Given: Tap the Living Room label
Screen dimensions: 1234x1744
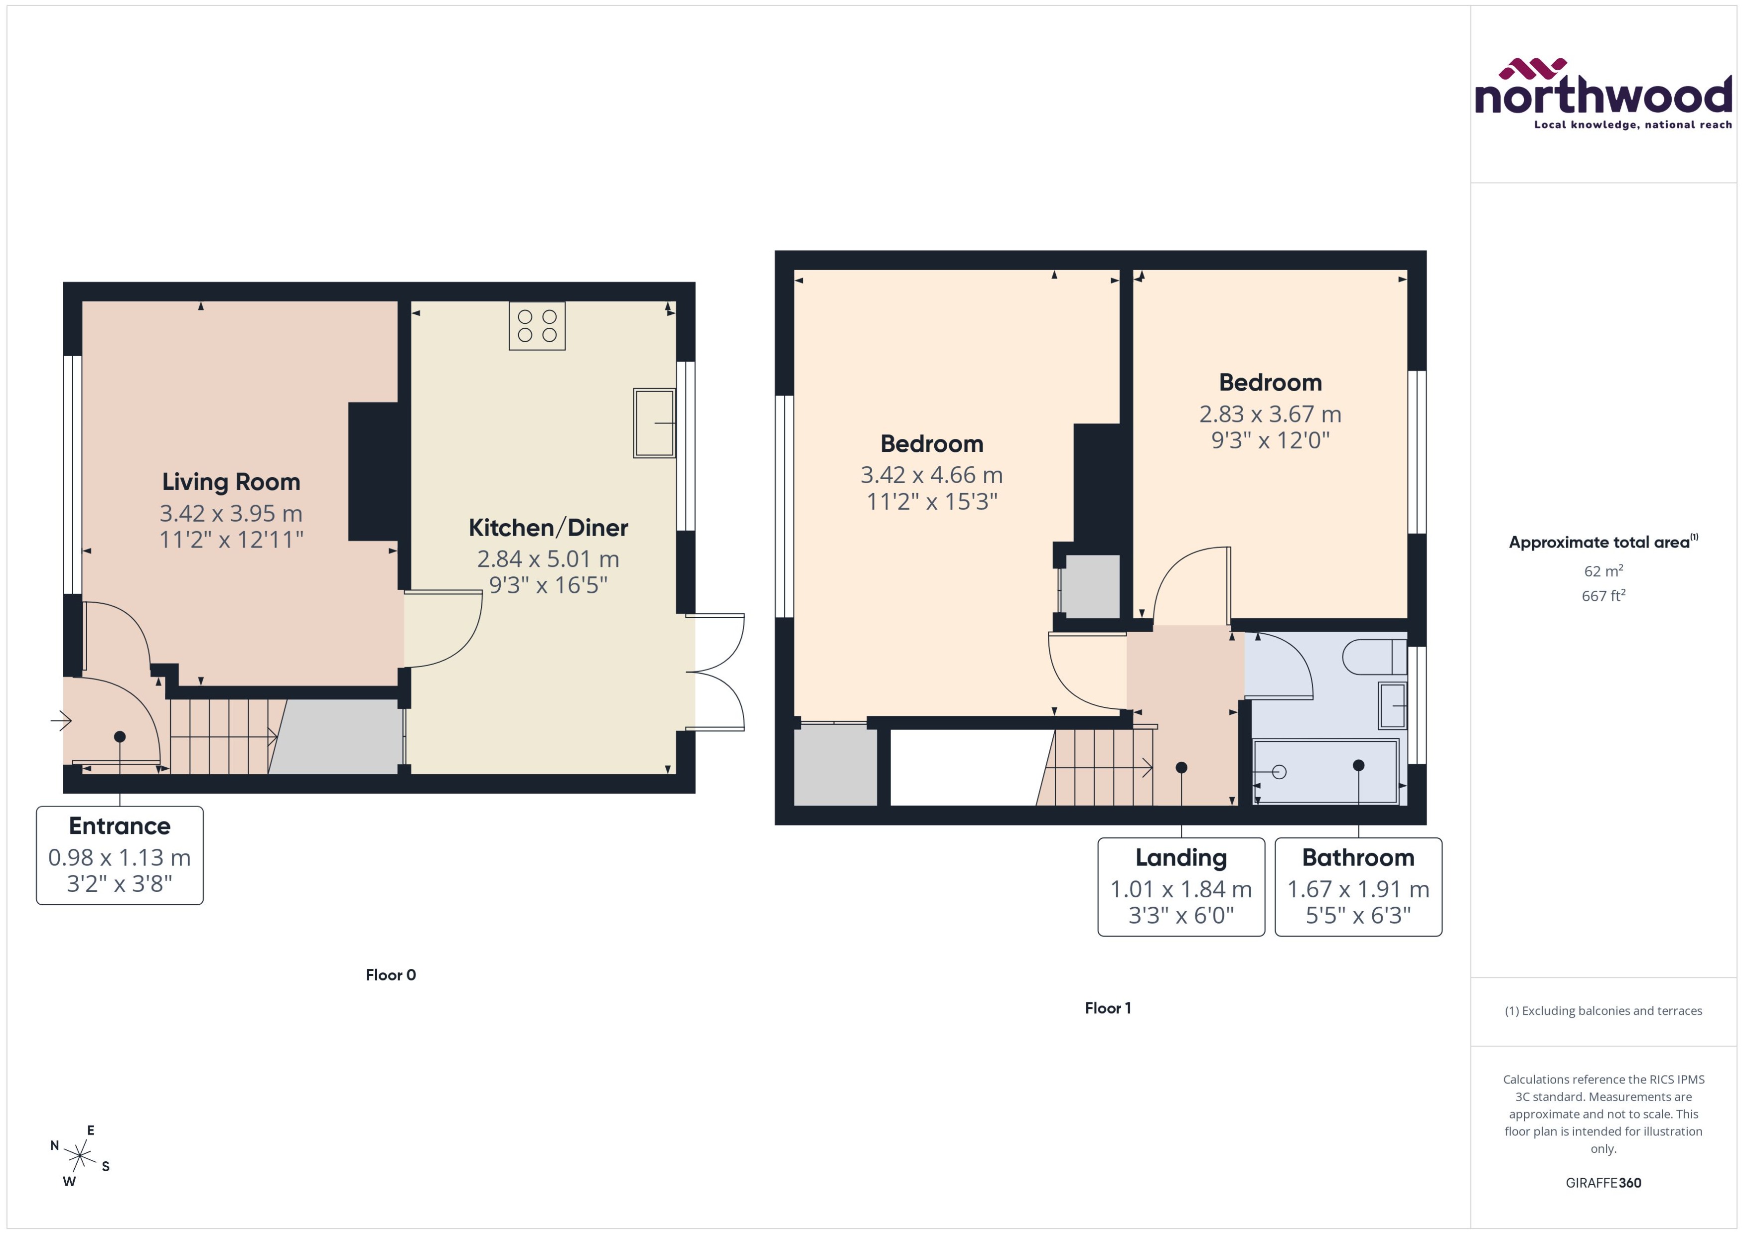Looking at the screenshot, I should click(x=231, y=482).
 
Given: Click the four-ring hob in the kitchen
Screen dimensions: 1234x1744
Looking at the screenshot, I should click(x=537, y=325).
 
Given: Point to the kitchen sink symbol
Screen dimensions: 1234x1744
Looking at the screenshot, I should click(x=654, y=423).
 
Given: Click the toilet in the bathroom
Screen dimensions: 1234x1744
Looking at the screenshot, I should click(x=1374, y=657).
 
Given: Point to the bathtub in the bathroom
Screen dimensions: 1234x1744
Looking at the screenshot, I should click(x=1326, y=771).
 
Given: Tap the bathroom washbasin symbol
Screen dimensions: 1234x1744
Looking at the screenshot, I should click(x=1392, y=706).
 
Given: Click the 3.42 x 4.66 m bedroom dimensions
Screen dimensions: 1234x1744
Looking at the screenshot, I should click(x=932, y=475).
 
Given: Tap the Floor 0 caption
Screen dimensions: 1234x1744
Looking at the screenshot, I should click(x=391, y=975).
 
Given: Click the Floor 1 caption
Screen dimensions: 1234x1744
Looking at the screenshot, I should click(x=1107, y=1008).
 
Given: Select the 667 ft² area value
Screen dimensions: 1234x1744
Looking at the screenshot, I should click(x=1602, y=596).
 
